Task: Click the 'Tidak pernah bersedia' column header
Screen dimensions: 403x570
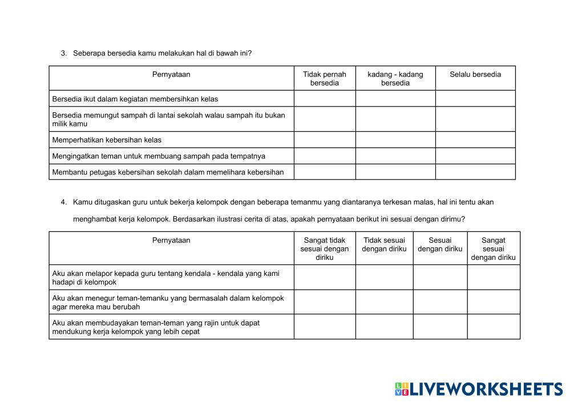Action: [324, 78]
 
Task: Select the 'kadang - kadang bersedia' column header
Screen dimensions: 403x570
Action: [395, 78]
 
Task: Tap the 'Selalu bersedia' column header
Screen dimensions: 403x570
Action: [475, 74]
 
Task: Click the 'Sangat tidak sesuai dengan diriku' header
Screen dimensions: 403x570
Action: [324, 249]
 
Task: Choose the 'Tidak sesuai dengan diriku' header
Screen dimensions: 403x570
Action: [384, 245]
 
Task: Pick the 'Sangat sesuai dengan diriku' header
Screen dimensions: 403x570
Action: [493, 249]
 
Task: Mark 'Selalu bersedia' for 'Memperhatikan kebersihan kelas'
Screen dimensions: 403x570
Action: [475, 140]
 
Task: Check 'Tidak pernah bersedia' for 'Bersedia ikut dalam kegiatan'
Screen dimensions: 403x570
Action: [325, 99]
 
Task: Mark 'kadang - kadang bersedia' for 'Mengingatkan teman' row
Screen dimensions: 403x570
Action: [395, 156]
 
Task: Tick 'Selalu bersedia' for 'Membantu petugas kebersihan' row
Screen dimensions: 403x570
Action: [475, 172]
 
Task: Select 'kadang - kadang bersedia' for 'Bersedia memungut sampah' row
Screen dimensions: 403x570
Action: [395, 119]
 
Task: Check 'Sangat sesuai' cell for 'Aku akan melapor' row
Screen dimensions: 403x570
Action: [494, 277]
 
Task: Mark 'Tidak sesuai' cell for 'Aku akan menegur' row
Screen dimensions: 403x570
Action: [384, 302]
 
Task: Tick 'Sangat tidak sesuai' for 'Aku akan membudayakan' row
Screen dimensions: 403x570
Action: [325, 327]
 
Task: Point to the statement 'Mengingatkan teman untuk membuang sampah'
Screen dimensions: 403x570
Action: [159, 156]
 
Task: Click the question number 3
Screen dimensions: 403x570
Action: [63, 53]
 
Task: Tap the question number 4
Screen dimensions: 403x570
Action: [63, 202]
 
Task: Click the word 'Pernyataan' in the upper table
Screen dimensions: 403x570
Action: [171, 74]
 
